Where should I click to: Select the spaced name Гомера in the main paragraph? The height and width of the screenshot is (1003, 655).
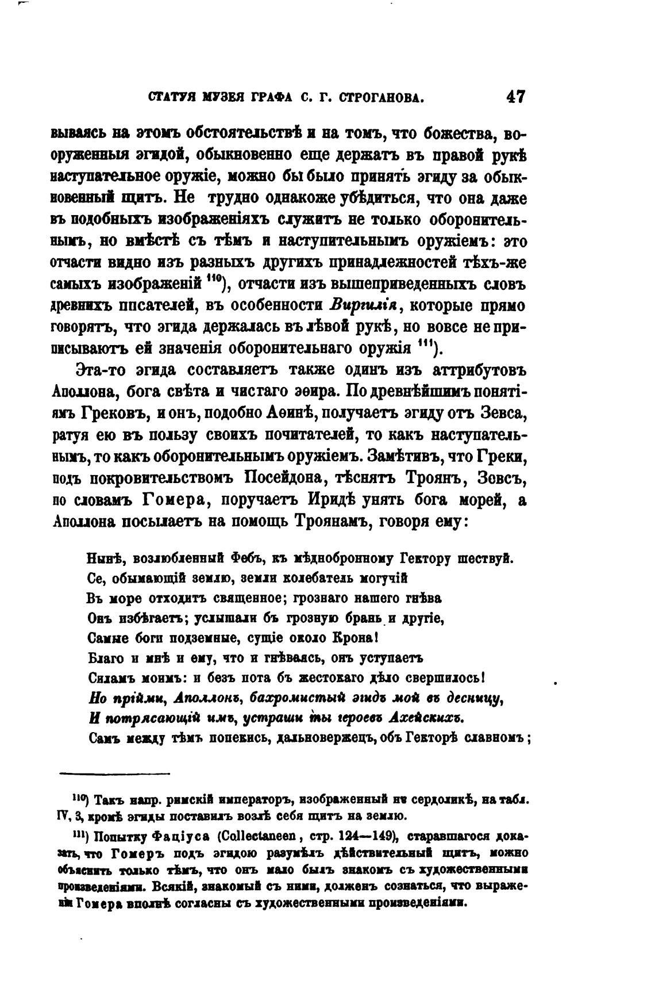coord(174,501)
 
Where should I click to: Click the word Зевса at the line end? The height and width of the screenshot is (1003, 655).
coord(500,414)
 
